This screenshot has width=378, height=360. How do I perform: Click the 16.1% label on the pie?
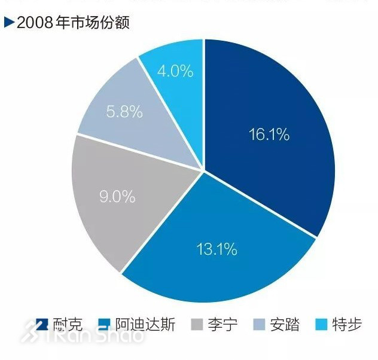tap(269, 135)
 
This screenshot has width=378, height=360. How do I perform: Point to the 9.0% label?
tap(117, 196)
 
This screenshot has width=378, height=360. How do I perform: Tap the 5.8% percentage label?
tap(124, 111)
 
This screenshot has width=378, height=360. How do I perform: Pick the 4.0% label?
tap(175, 71)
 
